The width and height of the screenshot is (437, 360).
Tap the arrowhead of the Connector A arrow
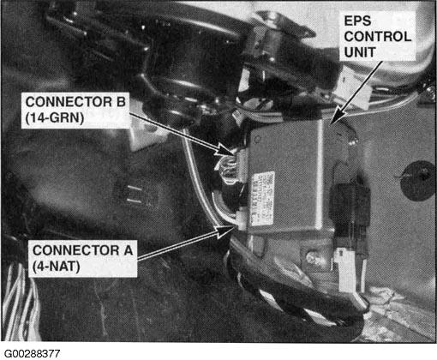click(231, 228)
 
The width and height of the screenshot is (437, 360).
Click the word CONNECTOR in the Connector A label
click(71, 249)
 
